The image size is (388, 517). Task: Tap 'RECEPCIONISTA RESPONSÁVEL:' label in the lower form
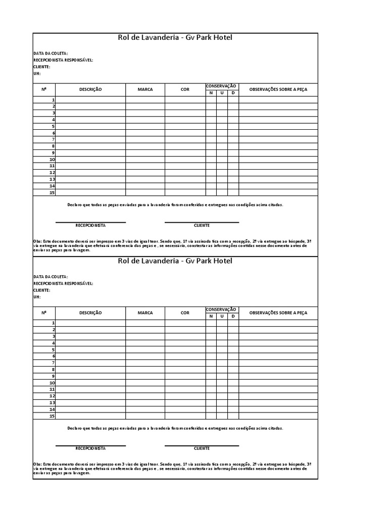63,284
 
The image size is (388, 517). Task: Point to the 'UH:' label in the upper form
36,73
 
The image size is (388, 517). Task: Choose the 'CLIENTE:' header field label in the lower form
42,290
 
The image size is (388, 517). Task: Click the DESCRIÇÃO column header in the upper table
90,89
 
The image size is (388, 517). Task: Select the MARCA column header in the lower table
145,313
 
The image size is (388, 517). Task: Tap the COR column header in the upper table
185,89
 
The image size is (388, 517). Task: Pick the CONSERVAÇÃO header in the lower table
221,309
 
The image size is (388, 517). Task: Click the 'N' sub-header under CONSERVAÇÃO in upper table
211,93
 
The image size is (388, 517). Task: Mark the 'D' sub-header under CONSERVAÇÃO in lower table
233,317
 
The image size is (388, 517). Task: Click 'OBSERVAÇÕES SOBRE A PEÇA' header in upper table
278,89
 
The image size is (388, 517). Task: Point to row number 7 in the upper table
53,139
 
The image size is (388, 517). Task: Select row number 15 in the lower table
52,416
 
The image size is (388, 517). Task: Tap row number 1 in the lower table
53,323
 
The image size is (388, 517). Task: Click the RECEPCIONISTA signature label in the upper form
90,225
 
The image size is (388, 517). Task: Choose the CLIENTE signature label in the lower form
202,448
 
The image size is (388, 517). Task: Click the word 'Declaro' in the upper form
74,204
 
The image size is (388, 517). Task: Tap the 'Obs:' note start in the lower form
38,463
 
